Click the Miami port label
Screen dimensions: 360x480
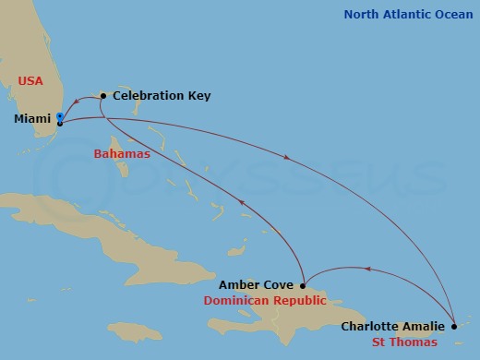(x=32, y=119)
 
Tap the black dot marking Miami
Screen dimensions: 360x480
(x=60, y=123)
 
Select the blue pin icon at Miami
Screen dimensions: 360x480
(x=60, y=117)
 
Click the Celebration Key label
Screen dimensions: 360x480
(x=162, y=95)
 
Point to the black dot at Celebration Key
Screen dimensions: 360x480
(x=103, y=95)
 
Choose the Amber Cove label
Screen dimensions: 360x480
(x=256, y=285)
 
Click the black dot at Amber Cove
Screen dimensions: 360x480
(x=304, y=285)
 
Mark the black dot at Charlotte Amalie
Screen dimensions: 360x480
(x=453, y=326)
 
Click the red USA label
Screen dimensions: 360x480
(x=30, y=81)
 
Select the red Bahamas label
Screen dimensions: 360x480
(x=122, y=153)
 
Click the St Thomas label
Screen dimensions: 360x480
(x=425, y=342)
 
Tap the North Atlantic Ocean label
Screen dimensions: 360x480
(x=407, y=14)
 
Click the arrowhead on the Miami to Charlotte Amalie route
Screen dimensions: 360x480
(x=289, y=158)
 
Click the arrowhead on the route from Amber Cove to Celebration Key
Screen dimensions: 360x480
(x=241, y=201)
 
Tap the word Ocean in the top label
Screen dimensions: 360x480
(x=451, y=14)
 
